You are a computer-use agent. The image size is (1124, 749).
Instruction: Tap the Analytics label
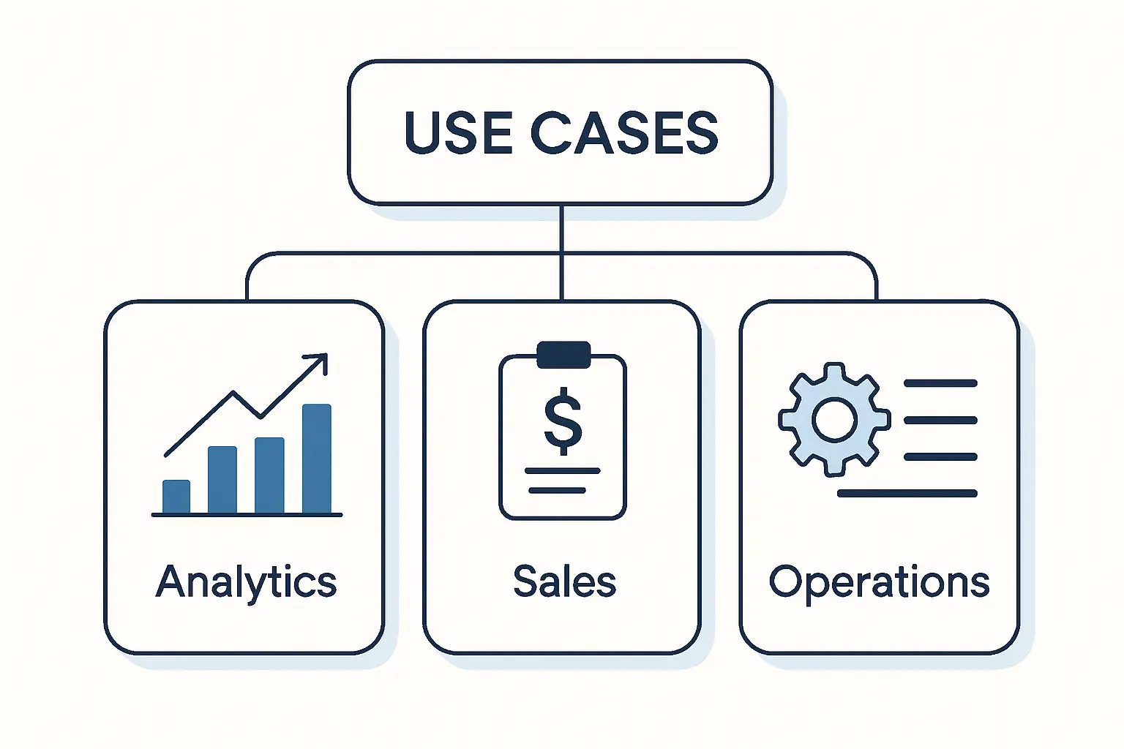(x=246, y=582)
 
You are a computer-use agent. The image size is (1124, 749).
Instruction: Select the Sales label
(x=564, y=582)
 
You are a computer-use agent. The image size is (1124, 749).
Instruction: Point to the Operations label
(x=879, y=582)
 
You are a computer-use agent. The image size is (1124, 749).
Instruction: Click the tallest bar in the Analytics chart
(x=317, y=459)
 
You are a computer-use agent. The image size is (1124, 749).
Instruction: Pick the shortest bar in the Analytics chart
(x=176, y=497)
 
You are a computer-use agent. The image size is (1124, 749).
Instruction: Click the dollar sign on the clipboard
(x=563, y=420)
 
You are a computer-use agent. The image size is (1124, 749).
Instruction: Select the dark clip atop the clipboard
(x=563, y=355)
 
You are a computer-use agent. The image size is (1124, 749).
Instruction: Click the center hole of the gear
(x=834, y=420)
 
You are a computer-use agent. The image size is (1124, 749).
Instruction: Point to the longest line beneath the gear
(x=907, y=494)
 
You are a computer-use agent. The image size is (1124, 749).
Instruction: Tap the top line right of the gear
(x=940, y=383)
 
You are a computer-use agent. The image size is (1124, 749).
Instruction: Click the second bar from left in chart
(x=222, y=480)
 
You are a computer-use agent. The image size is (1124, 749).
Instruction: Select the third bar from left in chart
(x=269, y=475)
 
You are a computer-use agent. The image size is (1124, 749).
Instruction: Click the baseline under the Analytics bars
(x=247, y=515)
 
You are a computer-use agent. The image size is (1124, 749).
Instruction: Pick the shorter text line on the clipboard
(x=558, y=490)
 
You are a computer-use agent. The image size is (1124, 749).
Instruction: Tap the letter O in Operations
(x=784, y=581)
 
